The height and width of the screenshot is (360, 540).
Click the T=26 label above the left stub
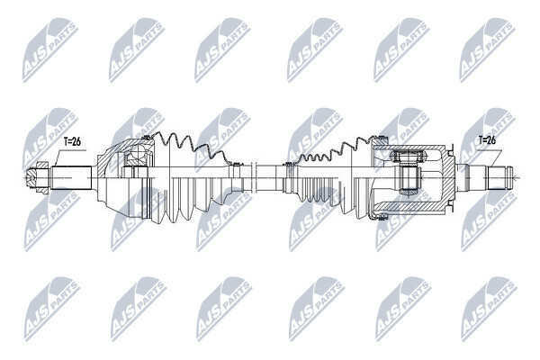click(72, 141)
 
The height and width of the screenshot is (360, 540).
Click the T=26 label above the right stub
click(487, 140)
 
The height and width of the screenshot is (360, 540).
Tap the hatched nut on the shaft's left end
click(37, 177)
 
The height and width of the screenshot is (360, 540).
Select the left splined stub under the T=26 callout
click(72, 178)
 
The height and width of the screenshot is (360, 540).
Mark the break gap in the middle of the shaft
click(255, 177)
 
